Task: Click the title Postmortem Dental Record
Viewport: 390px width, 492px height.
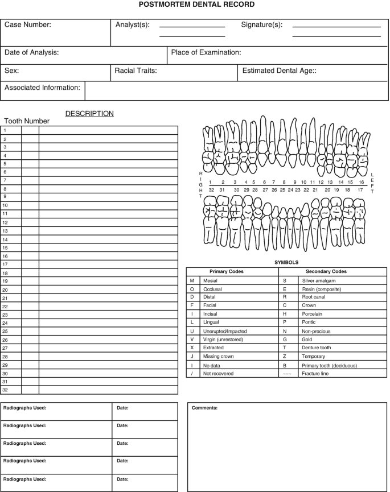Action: point(196,5)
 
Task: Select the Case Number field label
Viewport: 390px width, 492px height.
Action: point(28,25)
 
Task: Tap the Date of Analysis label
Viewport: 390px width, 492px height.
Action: point(32,53)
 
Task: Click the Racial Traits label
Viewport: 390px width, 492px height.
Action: point(136,71)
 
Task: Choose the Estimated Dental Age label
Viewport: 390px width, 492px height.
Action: point(279,71)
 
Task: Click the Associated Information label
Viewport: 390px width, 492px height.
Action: point(42,88)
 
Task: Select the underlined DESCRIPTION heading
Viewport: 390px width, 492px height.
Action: point(89,114)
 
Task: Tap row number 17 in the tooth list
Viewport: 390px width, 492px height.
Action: point(5,264)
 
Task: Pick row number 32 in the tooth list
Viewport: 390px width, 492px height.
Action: point(5,390)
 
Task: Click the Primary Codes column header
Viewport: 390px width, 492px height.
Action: point(227,272)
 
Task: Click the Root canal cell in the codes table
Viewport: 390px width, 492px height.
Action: point(313,297)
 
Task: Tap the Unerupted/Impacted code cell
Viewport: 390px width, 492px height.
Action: point(225,331)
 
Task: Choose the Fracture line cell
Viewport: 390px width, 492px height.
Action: point(315,374)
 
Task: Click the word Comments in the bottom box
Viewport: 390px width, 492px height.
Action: point(204,408)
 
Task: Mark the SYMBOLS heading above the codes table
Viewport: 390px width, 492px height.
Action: point(286,262)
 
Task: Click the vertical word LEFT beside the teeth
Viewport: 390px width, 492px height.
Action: point(372,183)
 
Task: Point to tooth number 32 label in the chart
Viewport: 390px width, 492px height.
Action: point(211,189)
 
